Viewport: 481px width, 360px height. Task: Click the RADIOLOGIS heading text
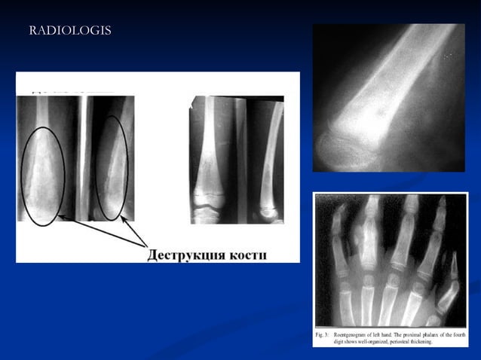[70, 31]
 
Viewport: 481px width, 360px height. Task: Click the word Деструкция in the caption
[190, 254]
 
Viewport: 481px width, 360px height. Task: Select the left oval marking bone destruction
[42, 175]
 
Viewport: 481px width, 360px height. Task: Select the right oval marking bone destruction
[112, 167]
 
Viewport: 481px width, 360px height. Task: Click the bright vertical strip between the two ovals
[80, 158]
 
